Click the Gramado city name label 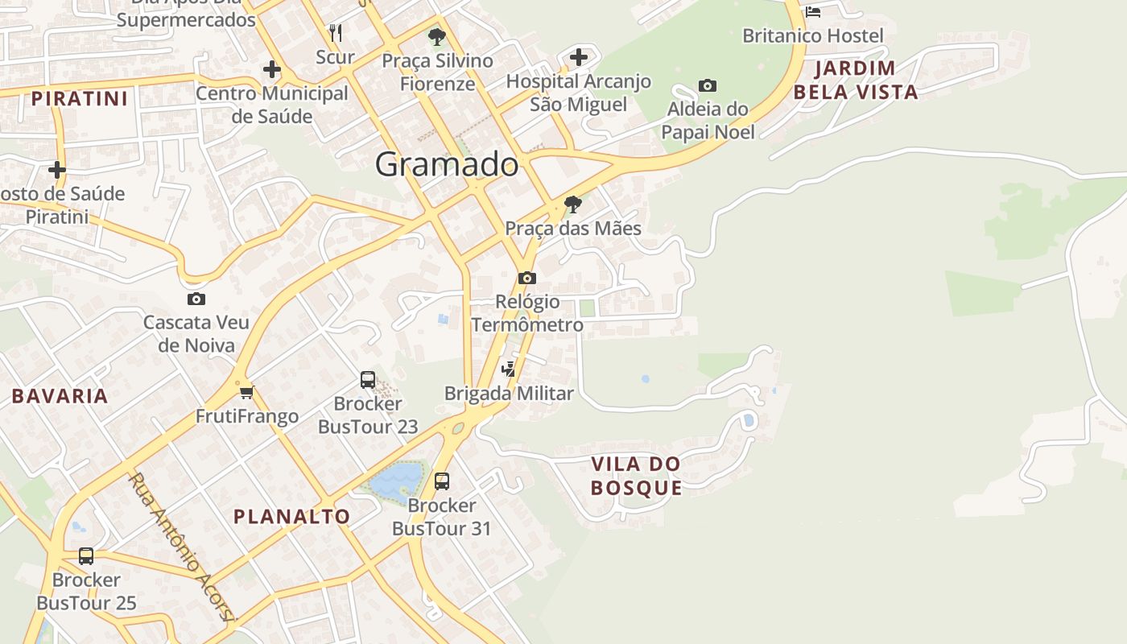click(x=447, y=164)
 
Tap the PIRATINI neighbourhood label click(x=80, y=99)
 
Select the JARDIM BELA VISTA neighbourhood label click(x=856, y=80)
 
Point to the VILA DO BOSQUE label click(x=636, y=476)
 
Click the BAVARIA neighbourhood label click(x=60, y=395)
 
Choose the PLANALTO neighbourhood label click(x=291, y=517)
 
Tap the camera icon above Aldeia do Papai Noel click(x=708, y=85)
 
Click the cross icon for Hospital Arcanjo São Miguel click(x=578, y=57)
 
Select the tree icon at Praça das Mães click(x=572, y=204)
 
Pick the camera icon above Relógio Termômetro click(x=527, y=278)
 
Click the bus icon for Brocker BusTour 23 click(x=368, y=379)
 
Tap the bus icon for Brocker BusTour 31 click(x=442, y=481)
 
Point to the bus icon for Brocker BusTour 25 click(x=86, y=555)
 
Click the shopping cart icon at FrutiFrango click(x=246, y=392)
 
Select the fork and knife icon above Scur click(x=336, y=33)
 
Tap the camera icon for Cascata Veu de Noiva click(x=196, y=299)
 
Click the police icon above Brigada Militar click(x=508, y=369)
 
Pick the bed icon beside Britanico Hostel click(x=813, y=11)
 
